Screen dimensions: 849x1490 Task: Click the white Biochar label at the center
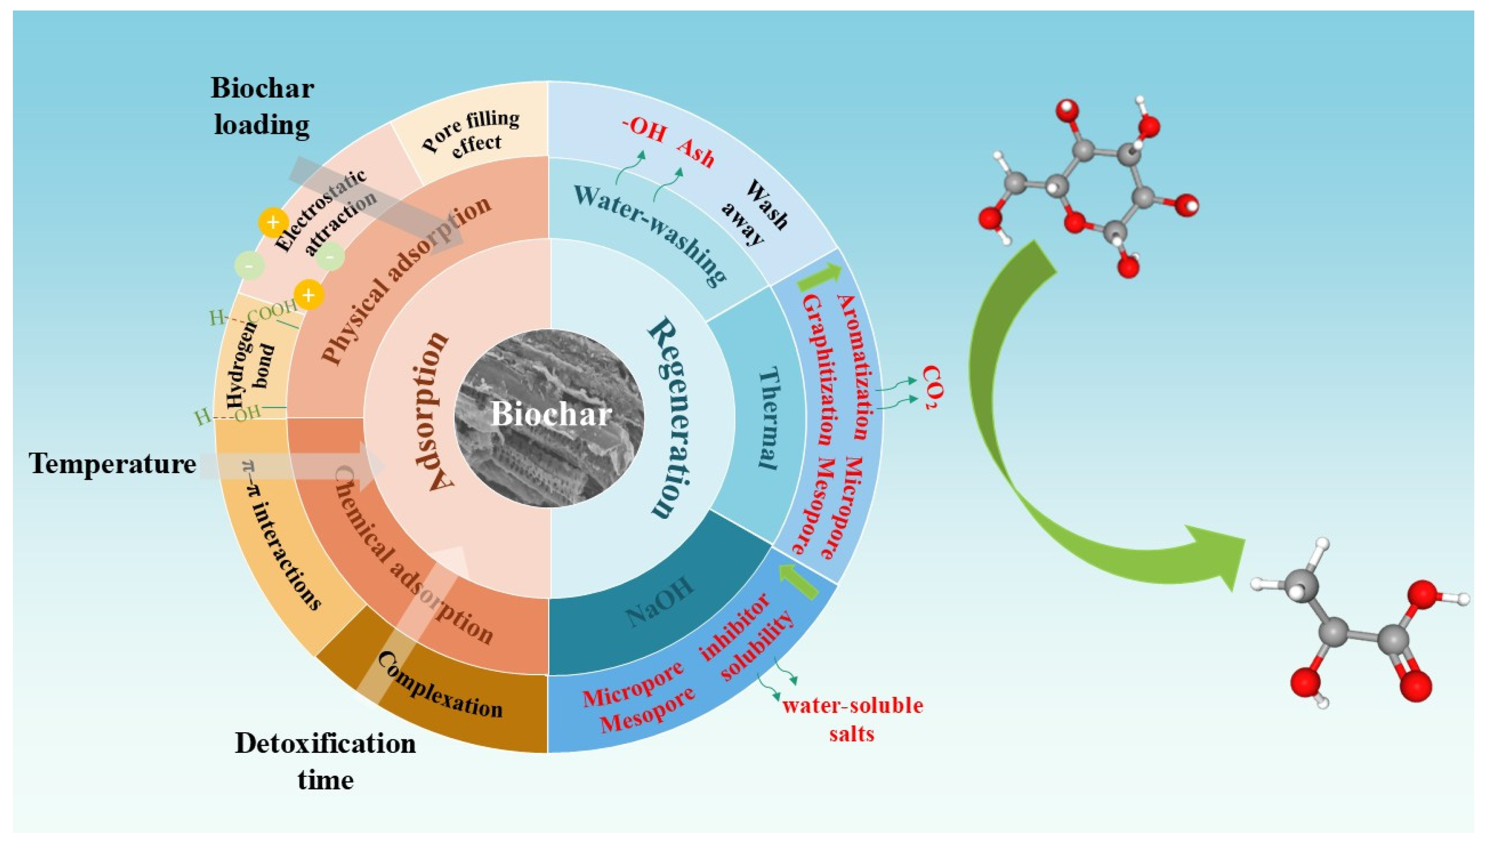[x=550, y=414]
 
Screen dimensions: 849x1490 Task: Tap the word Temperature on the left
[x=112, y=464]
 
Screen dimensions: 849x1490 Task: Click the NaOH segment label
[x=661, y=602]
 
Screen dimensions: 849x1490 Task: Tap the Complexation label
[x=440, y=685]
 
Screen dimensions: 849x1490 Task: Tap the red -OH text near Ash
[x=644, y=130]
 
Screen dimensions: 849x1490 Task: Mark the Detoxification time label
[x=325, y=761]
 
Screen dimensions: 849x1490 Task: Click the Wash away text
[x=755, y=213]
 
